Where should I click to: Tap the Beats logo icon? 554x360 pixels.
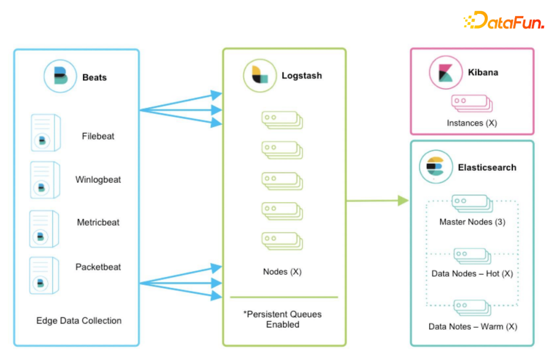point(61,75)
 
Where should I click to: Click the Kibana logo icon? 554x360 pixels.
point(444,72)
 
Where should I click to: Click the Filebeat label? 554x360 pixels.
point(98,136)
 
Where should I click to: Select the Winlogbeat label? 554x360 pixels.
point(98,180)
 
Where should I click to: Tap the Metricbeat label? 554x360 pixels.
point(98,223)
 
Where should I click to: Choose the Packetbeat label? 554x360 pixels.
point(98,267)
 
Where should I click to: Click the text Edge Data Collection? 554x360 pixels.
point(79,321)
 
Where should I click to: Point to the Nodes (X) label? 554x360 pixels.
point(282,271)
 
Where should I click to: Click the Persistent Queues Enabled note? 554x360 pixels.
point(283,319)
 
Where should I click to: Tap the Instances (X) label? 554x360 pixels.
point(471,123)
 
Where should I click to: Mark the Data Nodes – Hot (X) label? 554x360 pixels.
point(472,273)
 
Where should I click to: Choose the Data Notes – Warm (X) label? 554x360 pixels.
point(472,326)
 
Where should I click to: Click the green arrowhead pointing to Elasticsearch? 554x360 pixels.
point(404,201)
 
